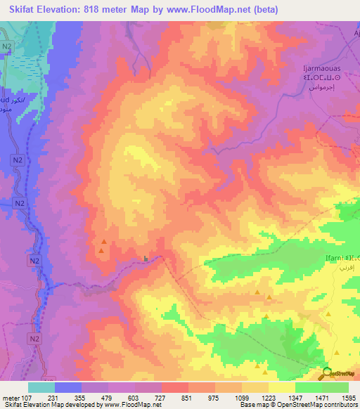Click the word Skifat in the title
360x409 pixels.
25,10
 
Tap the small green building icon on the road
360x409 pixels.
146,259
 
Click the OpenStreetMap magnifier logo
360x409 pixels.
328,374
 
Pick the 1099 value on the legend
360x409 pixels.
242,397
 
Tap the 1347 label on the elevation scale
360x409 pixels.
295,397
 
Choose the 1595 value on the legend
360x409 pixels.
348,397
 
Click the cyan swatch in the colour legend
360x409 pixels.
41,387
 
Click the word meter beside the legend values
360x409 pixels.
10,397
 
